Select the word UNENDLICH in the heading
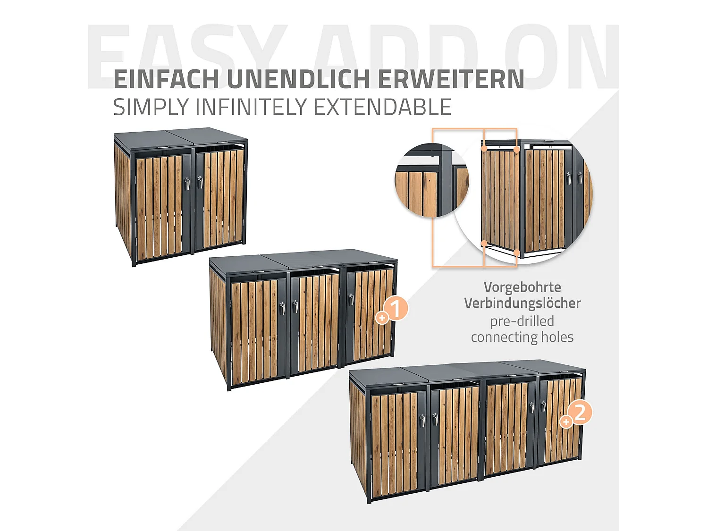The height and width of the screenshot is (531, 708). pyautogui.click(x=298, y=79)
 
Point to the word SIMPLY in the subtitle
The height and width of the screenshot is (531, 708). pyautogui.click(x=151, y=107)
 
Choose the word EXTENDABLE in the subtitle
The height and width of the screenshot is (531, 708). pyautogui.click(x=382, y=107)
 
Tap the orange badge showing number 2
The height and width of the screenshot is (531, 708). pyautogui.click(x=580, y=413)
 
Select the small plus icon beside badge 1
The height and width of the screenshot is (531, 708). pyautogui.click(x=382, y=318)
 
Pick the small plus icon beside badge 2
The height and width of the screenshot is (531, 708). pyautogui.click(x=565, y=421)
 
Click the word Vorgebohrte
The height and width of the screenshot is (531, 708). pyautogui.click(x=522, y=287)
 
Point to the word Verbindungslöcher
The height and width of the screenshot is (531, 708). pyautogui.click(x=522, y=303)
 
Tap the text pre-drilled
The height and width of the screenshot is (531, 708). pyautogui.click(x=522, y=321)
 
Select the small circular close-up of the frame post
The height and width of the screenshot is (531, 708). pyautogui.click(x=431, y=181)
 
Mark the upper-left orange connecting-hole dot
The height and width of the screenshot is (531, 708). pyautogui.click(x=484, y=149)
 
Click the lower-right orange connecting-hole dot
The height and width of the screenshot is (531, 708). pyautogui.click(x=517, y=253)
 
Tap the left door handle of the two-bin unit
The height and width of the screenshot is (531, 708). pyautogui.click(x=187, y=183)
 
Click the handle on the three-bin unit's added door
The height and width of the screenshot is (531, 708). pyautogui.click(x=351, y=299)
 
